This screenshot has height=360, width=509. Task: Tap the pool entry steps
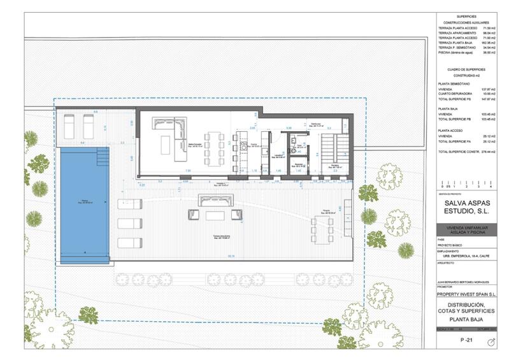click(x=103, y=156)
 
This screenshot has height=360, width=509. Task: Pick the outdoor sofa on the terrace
click(x=216, y=201)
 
